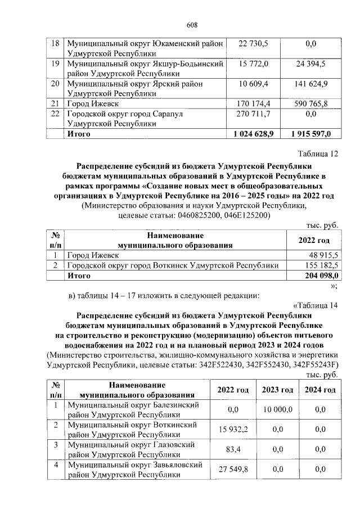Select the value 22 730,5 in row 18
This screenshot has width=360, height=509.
tap(254, 44)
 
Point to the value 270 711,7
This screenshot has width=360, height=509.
tap(254, 114)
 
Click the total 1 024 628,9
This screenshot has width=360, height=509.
tap(253, 134)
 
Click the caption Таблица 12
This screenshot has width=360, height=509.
tap(317, 154)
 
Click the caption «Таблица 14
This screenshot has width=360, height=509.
tap(316, 305)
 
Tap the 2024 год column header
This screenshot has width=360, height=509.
tap(320, 390)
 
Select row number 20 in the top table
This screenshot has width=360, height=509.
tap(55, 84)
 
